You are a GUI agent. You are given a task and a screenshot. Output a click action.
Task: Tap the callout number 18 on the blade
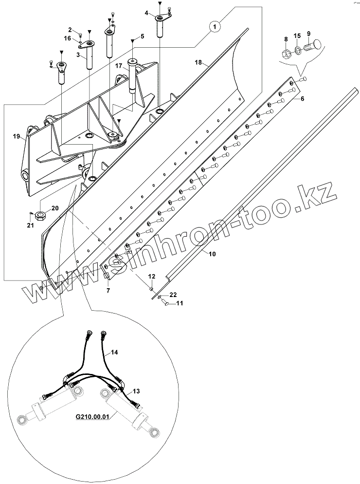198,62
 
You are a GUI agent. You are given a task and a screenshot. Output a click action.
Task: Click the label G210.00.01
93,417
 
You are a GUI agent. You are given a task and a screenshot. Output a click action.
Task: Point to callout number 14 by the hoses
114,352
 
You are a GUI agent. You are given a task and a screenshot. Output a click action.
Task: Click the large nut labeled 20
40,215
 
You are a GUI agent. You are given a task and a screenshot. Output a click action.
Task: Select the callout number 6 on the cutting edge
302,99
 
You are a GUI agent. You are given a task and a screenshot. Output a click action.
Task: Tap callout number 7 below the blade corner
108,290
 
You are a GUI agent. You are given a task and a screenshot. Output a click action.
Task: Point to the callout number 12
151,277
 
